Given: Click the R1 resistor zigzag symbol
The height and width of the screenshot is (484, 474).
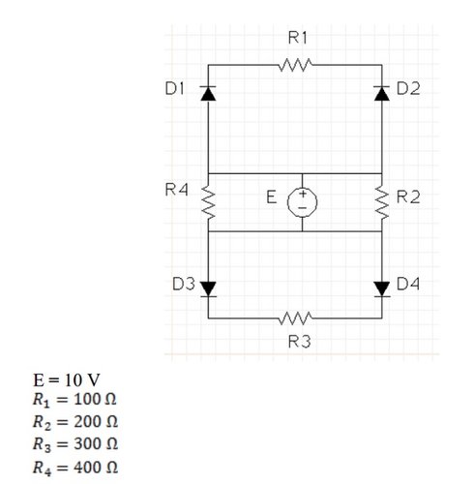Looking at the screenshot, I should click(x=293, y=66).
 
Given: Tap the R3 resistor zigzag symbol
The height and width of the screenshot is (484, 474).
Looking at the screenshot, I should click(x=293, y=318).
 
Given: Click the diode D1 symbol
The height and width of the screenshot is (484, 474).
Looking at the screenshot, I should click(x=208, y=94).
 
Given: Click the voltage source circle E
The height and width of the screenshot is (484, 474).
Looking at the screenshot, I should click(x=302, y=199).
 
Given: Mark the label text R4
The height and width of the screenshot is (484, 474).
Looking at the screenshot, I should click(x=176, y=190).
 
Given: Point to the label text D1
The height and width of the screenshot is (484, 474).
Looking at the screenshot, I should click(x=175, y=89).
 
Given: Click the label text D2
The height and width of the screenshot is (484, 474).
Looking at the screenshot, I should click(x=410, y=90).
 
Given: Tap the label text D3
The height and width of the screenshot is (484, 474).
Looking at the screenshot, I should click(x=184, y=285).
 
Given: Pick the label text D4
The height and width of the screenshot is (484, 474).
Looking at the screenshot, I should click(x=410, y=285).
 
